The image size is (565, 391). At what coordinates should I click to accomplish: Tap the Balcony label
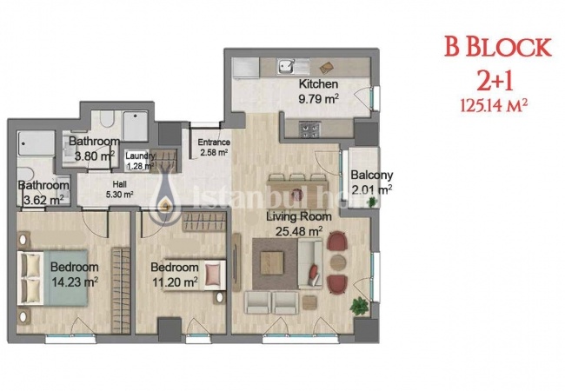[371, 174]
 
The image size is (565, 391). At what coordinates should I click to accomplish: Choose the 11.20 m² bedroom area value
[174, 281]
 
